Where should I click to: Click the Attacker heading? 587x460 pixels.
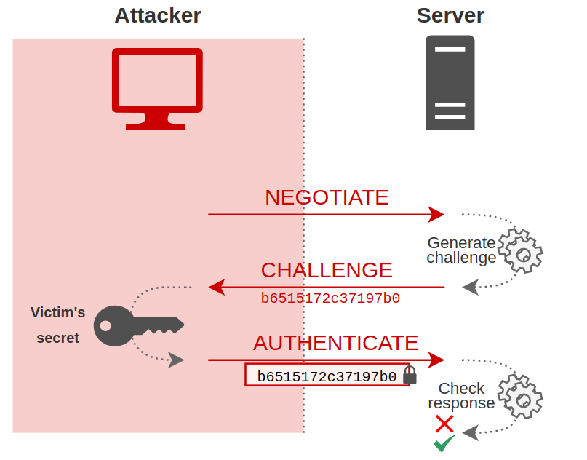pos(157,15)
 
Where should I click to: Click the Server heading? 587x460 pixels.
pos(450,15)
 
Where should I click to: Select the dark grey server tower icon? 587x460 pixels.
pos(450,82)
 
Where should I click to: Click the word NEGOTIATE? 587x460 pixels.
pos(327,197)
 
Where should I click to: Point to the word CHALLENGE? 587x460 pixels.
pos(327,270)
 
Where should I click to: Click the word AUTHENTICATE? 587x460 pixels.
pos(335,343)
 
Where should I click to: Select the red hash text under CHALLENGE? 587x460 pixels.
pos(330,298)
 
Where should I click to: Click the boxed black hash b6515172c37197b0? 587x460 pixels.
pos(327,376)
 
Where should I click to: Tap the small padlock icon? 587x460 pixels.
pos(410,376)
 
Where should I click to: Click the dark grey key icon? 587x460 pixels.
pos(139,325)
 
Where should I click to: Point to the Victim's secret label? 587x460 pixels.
pos(57,325)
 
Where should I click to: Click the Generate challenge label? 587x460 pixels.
pos(461,250)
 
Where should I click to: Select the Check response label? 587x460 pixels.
pos(461,396)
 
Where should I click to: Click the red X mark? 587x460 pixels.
pos(444,424)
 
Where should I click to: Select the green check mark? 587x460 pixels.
pos(444,443)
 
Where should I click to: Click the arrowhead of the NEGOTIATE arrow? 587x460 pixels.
pos(436,215)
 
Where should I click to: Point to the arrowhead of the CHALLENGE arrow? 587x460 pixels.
pos(216,287)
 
